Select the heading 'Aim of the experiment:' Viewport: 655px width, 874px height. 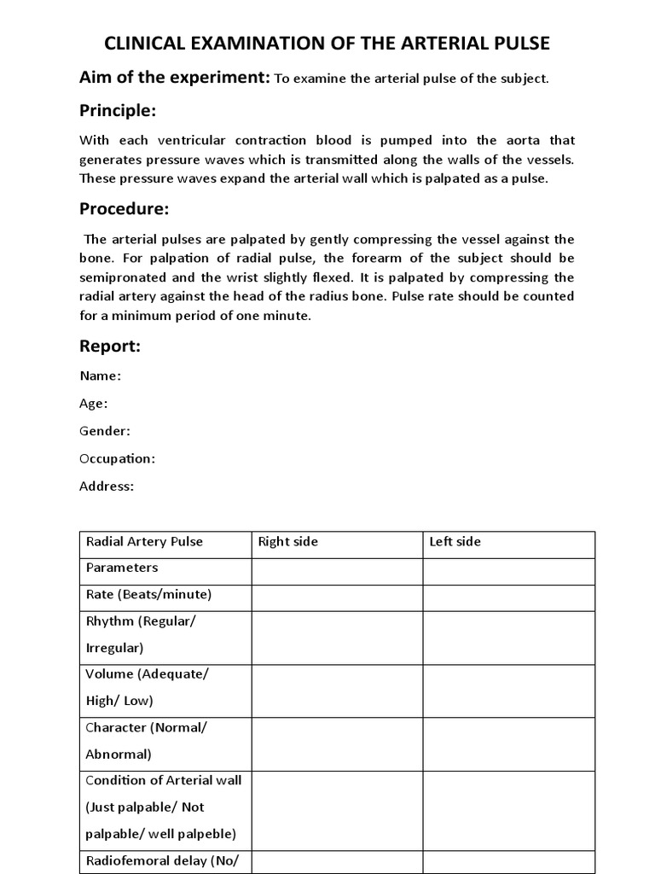coord(174,78)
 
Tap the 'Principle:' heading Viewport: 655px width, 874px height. coord(118,111)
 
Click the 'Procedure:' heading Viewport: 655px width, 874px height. coord(124,209)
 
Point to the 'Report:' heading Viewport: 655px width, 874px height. coord(109,346)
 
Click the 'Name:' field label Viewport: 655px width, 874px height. coord(100,376)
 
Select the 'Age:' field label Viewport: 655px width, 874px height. coord(93,403)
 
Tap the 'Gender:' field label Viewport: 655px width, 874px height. coord(105,431)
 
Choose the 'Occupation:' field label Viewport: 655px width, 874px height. coord(117,458)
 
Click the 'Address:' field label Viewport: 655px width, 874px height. coord(107,487)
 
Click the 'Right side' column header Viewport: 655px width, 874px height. coord(287,542)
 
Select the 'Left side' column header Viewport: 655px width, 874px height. coord(455,542)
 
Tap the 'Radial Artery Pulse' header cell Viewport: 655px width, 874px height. coord(144,542)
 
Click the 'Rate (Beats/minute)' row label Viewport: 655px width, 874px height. coord(148,594)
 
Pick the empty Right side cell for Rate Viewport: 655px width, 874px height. coord(337,597)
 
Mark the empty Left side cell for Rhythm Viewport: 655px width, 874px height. coord(508,637)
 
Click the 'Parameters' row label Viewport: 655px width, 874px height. coord(122,568)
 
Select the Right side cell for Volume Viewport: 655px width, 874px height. coord(337,690)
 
